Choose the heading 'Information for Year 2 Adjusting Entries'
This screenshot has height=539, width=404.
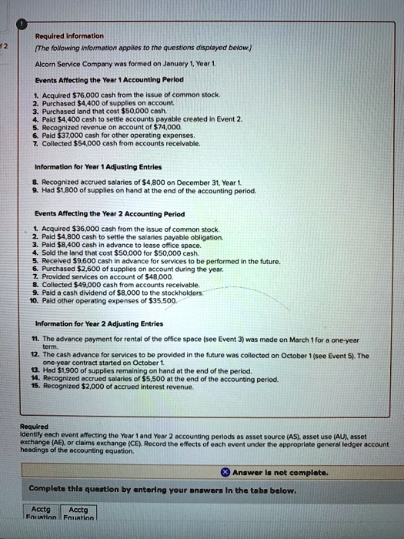98,324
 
